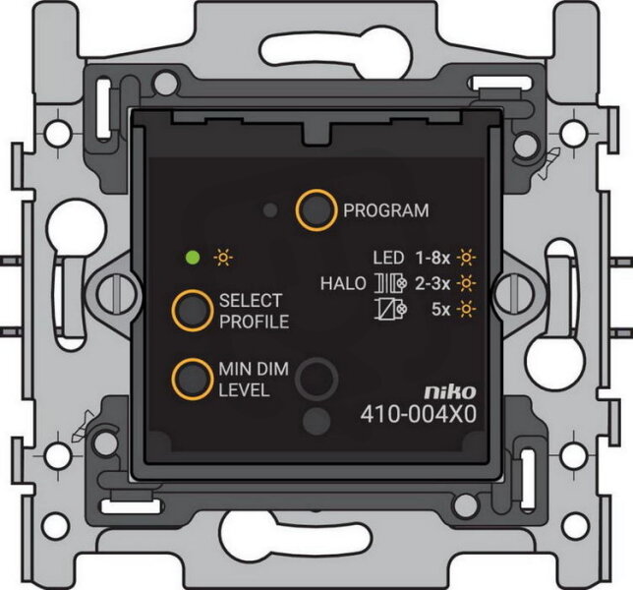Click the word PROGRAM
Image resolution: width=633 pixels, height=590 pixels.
(385, 210)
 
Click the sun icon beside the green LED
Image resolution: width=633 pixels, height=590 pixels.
(224, 259)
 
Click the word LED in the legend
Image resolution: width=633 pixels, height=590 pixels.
(388, 260)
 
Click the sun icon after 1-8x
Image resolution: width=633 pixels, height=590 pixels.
(466, 260)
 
